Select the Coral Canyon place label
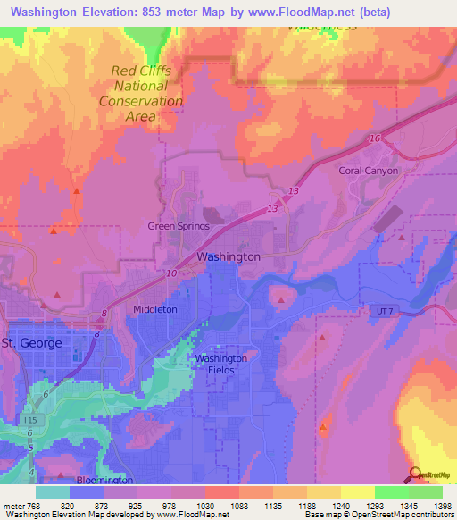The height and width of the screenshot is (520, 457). pos(368,171)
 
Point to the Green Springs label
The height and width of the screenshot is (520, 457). pos(179,226)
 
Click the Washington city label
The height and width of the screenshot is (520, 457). pos(228,256)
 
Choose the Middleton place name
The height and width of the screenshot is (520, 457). pos(154,309)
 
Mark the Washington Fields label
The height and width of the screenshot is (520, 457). pos(221,364)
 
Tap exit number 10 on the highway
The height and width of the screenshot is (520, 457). pos(171,273)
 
